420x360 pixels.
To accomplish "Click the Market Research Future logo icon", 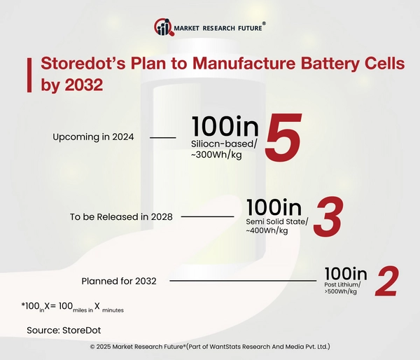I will click(163, 28).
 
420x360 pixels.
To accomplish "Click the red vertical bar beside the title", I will click(29, 74).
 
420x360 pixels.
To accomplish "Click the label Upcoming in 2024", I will click(93, 137).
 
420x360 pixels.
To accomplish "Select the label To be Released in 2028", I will click(121, 216).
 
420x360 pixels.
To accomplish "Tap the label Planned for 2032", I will click(119, 281).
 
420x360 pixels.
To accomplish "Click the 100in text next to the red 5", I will click(224, 126).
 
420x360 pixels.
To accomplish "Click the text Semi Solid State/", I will click(274, 222).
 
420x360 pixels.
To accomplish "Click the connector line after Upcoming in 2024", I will click(163, 138).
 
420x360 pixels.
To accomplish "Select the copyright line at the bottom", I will click(210, 347).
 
